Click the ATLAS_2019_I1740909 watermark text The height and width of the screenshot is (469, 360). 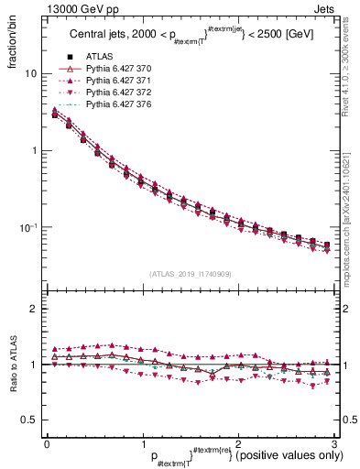189,274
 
